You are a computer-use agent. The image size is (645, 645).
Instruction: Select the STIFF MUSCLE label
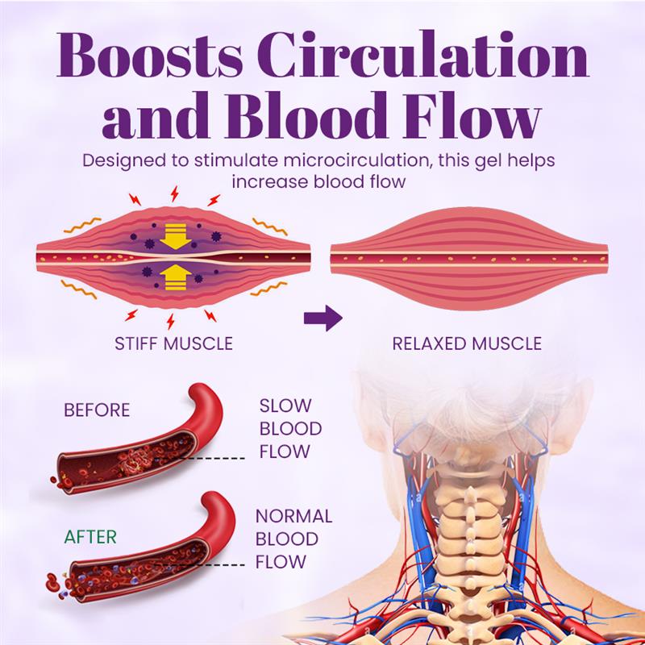click(174, 343)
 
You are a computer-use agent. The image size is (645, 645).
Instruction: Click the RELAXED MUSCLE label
click(467, 343)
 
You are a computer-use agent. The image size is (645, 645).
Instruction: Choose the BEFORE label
click(97, 410)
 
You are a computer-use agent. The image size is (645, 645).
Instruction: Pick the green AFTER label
click(90, 536)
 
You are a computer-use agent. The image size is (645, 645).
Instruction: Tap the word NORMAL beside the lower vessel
click(293, 517)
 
